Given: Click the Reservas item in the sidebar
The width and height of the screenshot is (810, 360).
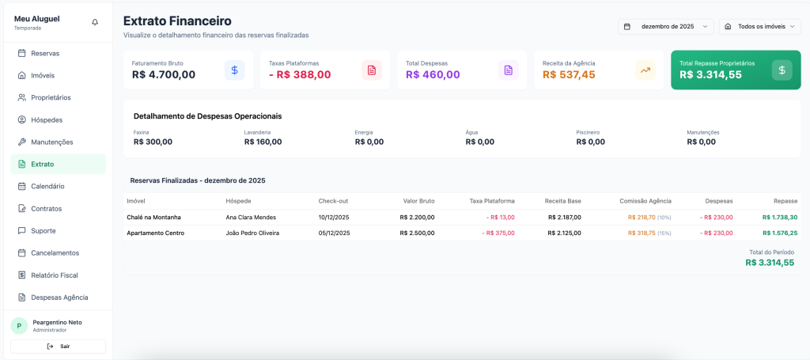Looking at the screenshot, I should point(45,53).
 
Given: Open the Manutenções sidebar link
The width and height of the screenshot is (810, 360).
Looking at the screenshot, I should point(51,142).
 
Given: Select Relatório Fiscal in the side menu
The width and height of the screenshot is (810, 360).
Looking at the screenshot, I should point(54,275).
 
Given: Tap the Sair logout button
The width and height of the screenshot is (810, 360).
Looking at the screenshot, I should point(58,347).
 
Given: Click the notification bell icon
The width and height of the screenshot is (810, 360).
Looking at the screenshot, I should point(95,22).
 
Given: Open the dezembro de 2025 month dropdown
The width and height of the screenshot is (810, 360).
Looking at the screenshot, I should point(665,26).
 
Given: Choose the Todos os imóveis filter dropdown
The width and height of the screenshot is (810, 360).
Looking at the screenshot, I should point(759,26).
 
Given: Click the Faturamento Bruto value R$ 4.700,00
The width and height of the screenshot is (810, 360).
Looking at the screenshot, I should point(164,75).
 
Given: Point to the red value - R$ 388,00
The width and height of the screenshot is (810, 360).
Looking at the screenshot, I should point(300,75).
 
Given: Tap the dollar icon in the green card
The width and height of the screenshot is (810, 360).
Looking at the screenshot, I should point(782,70).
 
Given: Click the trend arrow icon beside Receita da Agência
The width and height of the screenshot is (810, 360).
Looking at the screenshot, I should point(645,70).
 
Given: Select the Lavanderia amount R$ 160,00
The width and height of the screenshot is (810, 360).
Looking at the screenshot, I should point(263,142).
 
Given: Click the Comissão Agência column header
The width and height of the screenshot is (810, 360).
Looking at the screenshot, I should point(645,201).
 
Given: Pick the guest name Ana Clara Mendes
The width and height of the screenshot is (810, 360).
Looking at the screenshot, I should point(251,217).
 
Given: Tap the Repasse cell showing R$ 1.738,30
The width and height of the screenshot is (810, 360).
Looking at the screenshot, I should point(779,217).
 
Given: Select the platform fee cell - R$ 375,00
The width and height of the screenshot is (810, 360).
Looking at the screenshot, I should point(498,233).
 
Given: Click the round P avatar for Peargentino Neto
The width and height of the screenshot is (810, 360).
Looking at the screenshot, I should point(21,326).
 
